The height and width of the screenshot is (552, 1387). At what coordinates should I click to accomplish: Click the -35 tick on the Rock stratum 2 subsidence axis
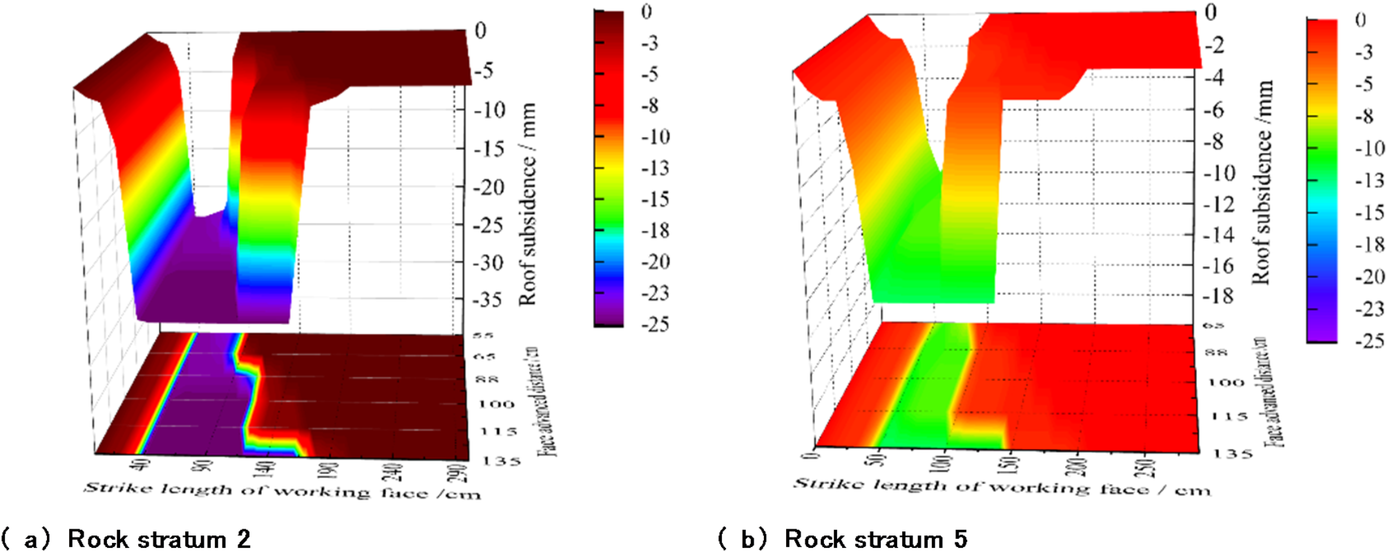pos(488,299)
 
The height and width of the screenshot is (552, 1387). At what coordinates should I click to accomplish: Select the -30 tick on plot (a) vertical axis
pos(488,262)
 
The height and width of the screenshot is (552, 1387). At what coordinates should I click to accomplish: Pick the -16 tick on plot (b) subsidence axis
pos(1219,266)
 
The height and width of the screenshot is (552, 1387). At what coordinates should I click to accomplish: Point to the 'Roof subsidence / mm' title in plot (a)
pos(527,204)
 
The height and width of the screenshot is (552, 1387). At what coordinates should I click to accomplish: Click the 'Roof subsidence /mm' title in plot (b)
pos(1262,182)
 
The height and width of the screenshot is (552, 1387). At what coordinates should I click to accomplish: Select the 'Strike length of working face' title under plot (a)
pos(282,491)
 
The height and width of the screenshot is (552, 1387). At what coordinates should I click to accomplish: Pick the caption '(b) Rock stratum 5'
pos(843,539)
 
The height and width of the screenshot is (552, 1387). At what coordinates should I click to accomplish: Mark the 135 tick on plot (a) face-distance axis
pos(501,460)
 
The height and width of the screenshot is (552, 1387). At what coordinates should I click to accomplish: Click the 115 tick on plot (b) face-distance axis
pos(1230,416)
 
